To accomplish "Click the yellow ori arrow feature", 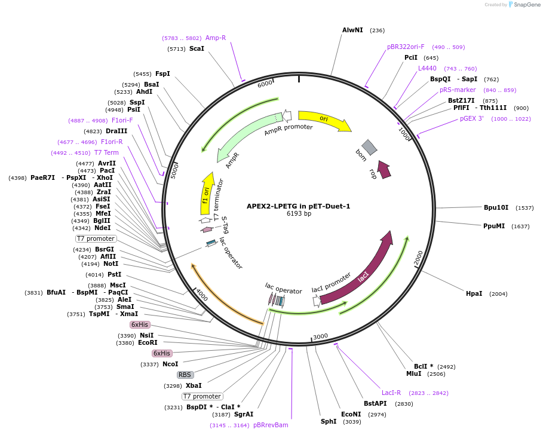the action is point(324,120).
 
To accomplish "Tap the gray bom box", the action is point(369,147).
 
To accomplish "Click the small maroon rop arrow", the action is point(384,169).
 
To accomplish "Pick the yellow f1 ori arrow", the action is point(207,194).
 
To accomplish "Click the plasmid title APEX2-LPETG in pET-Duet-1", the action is point(298,206).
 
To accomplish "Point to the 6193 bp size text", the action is point(299,214).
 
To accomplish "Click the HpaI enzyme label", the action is point(474,294).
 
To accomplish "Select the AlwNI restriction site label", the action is point(352,30).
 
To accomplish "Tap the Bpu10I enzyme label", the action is point(496,207).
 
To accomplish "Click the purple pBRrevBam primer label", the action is point(271,425).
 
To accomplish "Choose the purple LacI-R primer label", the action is point(391,393).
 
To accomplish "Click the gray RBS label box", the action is point(185,375).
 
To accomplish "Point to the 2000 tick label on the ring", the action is point(419,258).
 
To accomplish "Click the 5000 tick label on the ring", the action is point(174,171).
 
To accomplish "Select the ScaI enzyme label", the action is point(197,48).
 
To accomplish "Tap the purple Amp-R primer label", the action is point(216,38).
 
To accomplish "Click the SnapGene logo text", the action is point(527,5).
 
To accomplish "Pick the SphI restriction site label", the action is point(329,421).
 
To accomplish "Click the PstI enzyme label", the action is point(114,274).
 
